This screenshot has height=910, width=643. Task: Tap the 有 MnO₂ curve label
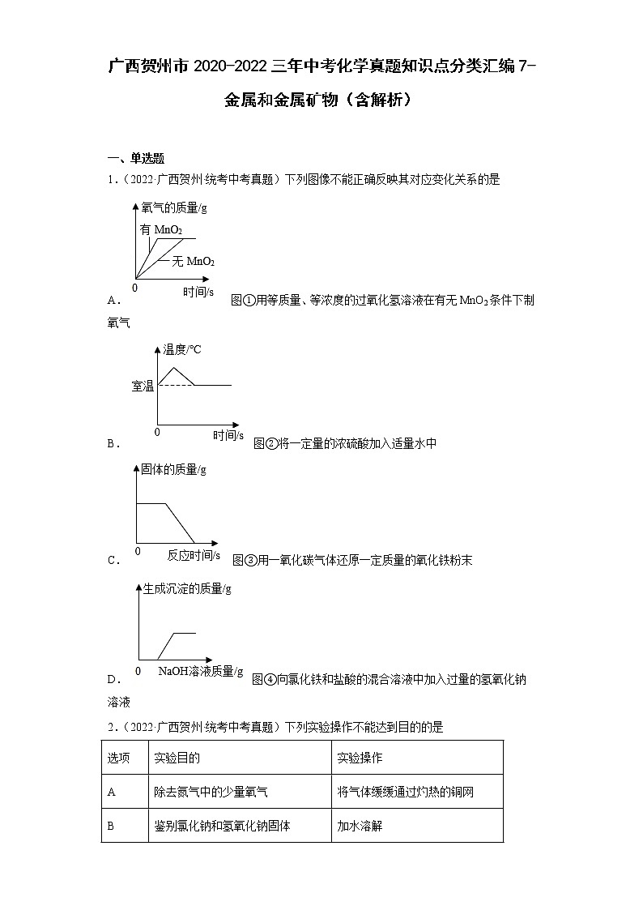coord(160,230)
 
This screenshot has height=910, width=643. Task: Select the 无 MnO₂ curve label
coord(192,261)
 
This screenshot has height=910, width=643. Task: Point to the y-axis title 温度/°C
coord(182,349)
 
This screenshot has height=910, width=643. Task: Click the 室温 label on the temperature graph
coord(143,386)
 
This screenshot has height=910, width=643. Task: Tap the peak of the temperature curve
coord(175,369)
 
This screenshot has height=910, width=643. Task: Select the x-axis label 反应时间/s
coord(194,555)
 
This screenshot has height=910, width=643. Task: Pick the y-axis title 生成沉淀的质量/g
coord(187,589)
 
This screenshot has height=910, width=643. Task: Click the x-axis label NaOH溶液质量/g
coord(200,671)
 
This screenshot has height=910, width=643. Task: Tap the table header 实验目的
coord(177,758)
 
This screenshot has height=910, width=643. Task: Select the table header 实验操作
coord(360,758)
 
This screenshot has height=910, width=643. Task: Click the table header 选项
coord(118,758)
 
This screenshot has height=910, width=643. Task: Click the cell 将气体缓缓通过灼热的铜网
coord(406,793)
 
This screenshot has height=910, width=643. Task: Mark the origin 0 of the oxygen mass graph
coord(135,287)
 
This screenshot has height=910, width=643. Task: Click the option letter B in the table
coord(111,827)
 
